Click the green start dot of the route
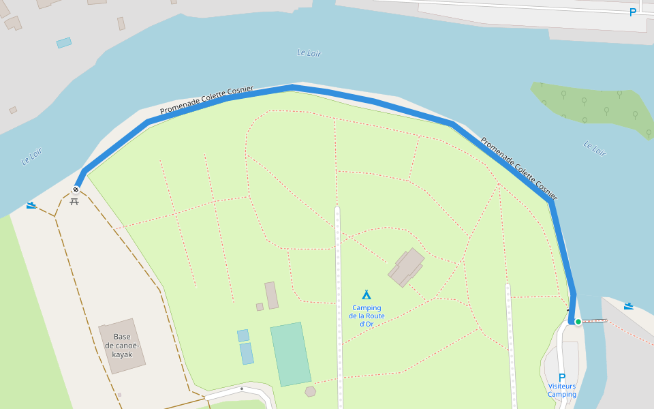(578, 322)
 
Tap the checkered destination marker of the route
(76, 190)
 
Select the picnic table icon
(74, 201)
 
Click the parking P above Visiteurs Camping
(562, 378)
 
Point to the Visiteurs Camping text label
(562, 390)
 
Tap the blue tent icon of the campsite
(367, 294)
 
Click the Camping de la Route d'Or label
(367, 316)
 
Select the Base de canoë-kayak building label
(122, 346)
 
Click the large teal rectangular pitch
(291, 354)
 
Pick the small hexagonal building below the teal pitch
(311, 391)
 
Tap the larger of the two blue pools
(247, 353)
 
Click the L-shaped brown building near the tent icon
(406, 267)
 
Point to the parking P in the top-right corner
(633, 12)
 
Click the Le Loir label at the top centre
(309, 53)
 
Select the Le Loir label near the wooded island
(595, 148)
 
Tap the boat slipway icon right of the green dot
(629, 306)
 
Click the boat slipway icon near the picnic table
(31, 204)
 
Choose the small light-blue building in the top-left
(64, 42)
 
